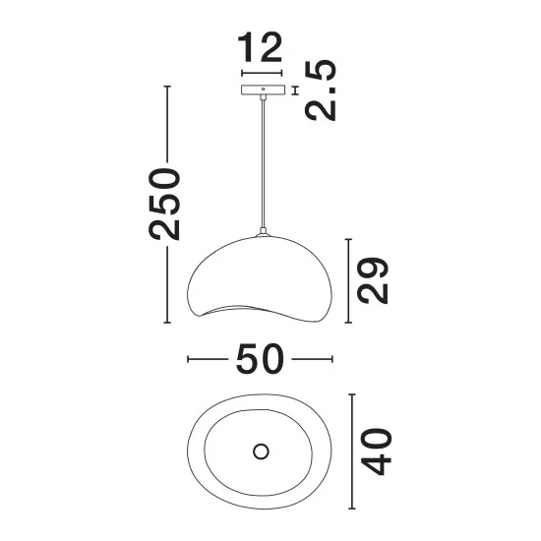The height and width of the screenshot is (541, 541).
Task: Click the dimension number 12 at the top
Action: click(x=260, y=47)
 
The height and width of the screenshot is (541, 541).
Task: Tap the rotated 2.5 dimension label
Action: click(x=321, y=90)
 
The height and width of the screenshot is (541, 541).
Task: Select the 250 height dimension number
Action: click(x=164, y=204)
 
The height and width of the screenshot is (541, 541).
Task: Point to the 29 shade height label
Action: click(x=373, y=280)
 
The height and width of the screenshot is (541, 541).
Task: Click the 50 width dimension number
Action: click(x=260, y=359)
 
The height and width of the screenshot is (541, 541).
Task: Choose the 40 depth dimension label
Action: click(x=376, y=451)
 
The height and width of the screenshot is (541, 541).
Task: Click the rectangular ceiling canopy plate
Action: click(x=264, y=90)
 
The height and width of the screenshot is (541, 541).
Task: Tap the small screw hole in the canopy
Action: click(x=264, y=89)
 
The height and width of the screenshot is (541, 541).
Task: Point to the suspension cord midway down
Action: click(x=264, y=161)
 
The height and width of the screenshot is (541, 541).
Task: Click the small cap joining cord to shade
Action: click(x=263, y=232)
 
